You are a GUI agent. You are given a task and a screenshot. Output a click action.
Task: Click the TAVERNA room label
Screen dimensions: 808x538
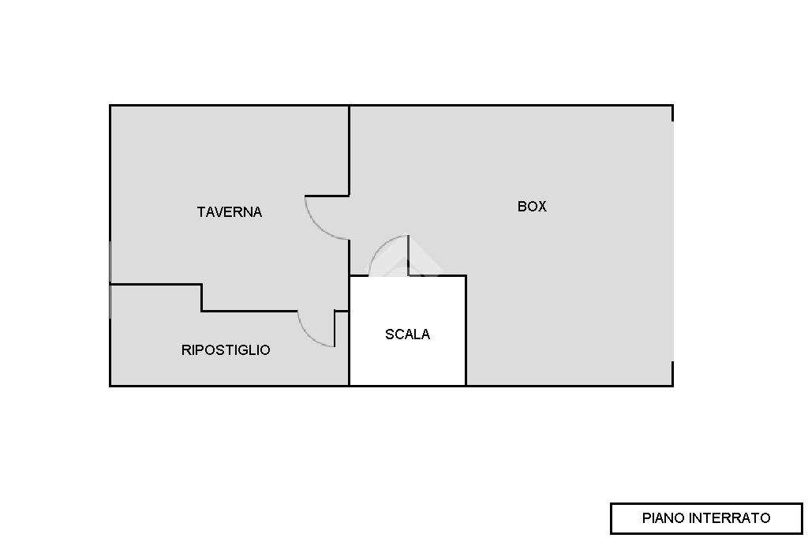pos(229,212)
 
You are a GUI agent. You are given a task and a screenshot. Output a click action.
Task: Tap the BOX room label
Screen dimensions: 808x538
pos(532,207)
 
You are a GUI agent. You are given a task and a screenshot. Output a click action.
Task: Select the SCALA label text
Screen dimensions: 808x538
pos(407,334)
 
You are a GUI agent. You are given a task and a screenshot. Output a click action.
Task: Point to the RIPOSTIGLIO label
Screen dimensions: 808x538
pos(226,350)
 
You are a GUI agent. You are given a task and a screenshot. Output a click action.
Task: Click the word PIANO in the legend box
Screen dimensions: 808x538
pos(664,518)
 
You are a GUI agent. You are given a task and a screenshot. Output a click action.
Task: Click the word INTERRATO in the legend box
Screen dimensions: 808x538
pos(729,518)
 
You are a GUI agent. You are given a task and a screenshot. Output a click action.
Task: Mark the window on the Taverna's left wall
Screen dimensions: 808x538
pos(110,260)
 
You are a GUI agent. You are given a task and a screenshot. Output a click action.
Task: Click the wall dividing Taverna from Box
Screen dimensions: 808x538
pos(350,150)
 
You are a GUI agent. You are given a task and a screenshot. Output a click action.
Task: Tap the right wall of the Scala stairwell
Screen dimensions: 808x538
pos(466,331)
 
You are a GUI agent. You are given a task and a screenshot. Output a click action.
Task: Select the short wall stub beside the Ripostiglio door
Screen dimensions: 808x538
pos(335,328)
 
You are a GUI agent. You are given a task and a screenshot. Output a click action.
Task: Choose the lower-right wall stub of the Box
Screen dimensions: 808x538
pos(672,373)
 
